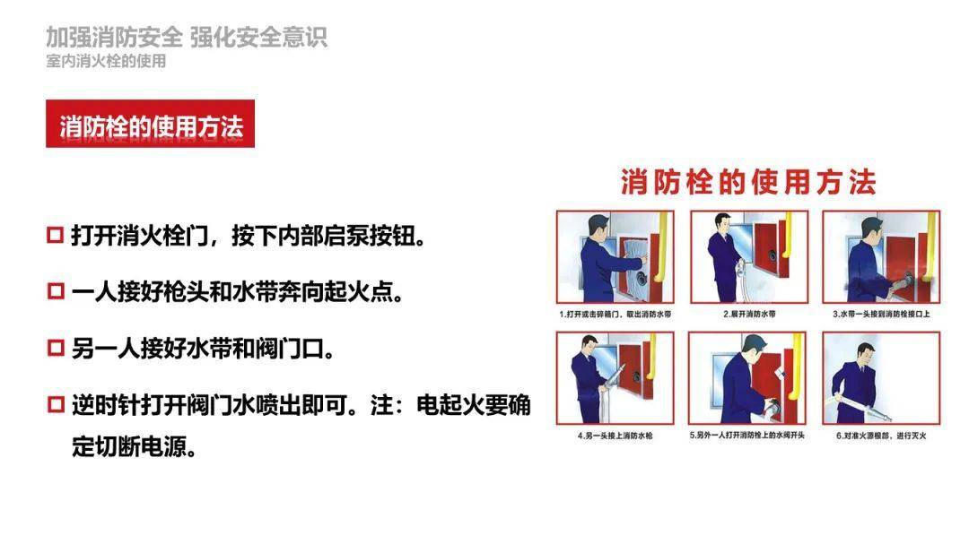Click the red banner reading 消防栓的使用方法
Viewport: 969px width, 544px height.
(150, 124)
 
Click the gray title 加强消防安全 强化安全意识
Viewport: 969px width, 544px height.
(186, 37)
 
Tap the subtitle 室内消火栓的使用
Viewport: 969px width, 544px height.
(106, 61)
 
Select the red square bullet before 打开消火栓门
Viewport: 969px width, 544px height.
(56, 236)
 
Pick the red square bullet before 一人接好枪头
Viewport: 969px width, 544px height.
(56, 291)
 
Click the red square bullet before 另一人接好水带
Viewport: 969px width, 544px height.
(56, 348)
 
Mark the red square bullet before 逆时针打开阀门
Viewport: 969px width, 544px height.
(56, 404)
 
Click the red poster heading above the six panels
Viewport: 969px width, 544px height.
(748, 182)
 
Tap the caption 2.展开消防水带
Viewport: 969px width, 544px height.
(749, 314)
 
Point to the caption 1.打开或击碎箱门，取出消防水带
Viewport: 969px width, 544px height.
(615, 314)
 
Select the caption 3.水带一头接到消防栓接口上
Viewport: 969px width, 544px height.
(881, 314)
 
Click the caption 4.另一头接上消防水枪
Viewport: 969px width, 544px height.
(615, 436)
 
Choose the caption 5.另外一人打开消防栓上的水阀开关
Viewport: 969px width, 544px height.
(747, 436)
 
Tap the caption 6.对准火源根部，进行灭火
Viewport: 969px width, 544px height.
(881, 436)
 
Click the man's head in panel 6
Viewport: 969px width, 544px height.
(865, 354)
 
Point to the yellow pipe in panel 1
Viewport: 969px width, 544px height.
(660, 247)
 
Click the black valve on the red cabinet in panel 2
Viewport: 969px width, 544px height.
(772, 254)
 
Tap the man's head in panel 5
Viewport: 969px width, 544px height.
(754, 349)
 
